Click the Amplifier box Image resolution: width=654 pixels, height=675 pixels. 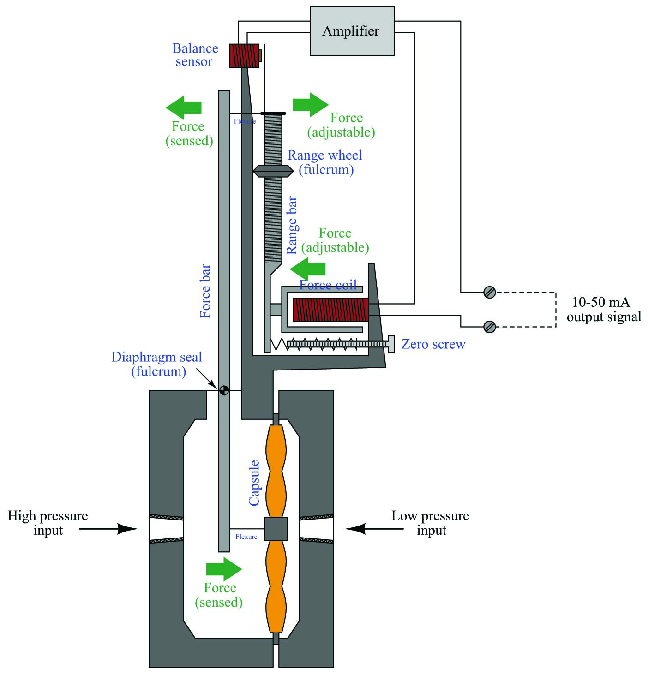[352, 31]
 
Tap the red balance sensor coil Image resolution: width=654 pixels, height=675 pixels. [244, 55]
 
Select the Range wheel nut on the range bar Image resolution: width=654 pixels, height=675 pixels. [273, 171]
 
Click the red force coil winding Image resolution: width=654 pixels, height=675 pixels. [330, 310]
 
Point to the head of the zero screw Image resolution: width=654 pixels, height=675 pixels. [391, 344]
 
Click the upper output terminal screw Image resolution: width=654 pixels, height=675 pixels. [490, 292]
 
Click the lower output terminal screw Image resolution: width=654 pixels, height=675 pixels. [490, 327]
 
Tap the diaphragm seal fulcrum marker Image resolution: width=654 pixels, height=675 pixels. [224, 391]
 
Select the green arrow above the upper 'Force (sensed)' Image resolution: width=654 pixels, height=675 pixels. [184, 108]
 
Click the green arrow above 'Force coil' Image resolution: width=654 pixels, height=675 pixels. [307, 269]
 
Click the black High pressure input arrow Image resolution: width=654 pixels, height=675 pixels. [108, 529]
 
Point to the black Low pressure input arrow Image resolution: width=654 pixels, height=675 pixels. [374, 529]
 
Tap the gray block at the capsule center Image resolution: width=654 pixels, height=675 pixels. [276, 529]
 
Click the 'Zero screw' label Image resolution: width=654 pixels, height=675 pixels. [433, 344]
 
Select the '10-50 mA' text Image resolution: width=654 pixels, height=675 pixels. [601, 302]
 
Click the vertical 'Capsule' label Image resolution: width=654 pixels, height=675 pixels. [254, 483]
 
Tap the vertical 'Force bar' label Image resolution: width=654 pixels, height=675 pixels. [205, 291]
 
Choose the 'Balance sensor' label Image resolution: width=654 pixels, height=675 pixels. [195, 55]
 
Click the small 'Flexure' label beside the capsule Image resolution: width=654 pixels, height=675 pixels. [246, 537]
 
